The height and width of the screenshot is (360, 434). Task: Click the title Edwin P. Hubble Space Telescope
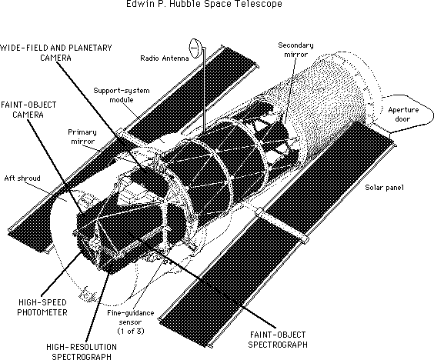click(204, 4)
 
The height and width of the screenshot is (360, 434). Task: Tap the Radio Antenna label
click(165, 58)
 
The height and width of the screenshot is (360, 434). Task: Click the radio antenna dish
click(195, 48)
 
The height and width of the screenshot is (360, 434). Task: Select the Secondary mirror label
click(296, 50)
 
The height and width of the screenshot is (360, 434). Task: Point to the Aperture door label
click(403, 115)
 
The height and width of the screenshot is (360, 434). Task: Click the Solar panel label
click(385, 188)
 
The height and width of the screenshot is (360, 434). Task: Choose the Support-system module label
click(122, 95)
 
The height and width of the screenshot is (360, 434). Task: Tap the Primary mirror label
click(82, 137)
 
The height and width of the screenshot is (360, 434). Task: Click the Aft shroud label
click(22, 178)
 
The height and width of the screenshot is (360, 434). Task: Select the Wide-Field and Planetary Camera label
click(56, 52)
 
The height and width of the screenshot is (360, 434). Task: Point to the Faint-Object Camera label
click(28, 110)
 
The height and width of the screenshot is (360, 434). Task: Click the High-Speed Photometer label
click(42, 308)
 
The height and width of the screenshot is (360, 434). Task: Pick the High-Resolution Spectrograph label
click(82, 352)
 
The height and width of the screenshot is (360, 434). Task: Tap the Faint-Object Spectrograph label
click(278, 339)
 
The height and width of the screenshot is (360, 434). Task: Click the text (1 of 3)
click(131, 331)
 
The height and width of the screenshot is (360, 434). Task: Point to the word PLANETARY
click(90, 48)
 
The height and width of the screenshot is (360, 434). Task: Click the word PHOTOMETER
click(42, 312)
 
